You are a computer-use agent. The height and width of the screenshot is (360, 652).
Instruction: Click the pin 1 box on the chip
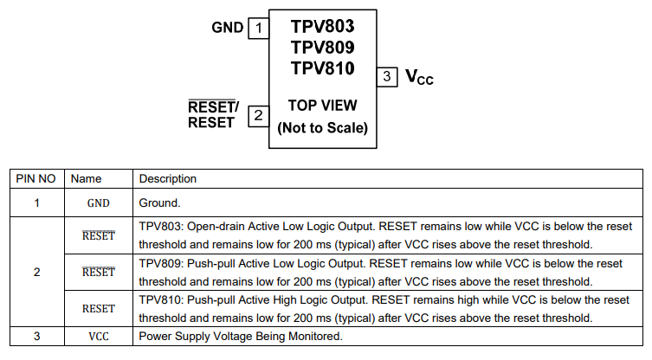pyautogui.click(x=257, y=28)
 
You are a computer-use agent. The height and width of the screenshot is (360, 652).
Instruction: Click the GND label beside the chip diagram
pyautogui.click(x=228, y=28)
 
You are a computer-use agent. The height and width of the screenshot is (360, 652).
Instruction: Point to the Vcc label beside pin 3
pyautogui.click(x=419, y=77)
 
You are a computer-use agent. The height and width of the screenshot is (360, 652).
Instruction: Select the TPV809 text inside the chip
pyautogui.click(x=322, y=47)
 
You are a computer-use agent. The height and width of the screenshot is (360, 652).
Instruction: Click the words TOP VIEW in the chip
pyautogui.click(x=322, y=106)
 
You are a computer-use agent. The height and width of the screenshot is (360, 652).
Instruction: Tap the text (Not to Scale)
pyautogui.click(x=322, y=128)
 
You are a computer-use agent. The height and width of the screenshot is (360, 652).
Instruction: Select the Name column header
pyautogui.click(x=87, y=179)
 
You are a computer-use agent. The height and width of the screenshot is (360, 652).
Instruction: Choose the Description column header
pyautogui.click(x=168, y=179)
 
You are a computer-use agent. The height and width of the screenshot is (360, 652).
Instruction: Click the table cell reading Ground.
pyautogui.click(x=159, y=203)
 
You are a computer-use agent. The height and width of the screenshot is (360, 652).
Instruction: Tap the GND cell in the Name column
pyautogui.click(x=99, y=203)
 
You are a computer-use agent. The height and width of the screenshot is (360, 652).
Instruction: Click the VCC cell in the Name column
pyautogui.click(x=99, y=337)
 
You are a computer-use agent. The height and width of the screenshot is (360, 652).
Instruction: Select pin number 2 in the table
pyautogui.click(x=36, y=273)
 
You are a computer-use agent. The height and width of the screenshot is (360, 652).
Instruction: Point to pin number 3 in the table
pyautogui.click(x=36, y=337)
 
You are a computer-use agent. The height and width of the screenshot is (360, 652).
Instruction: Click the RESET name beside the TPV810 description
pyautogui.click(x=99, y=308)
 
